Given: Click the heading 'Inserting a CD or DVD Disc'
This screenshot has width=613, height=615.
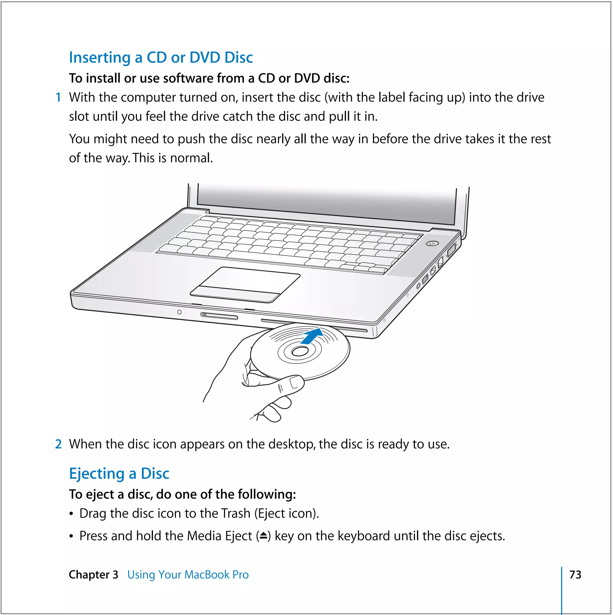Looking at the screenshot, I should pos(161,57).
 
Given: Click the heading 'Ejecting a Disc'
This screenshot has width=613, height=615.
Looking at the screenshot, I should pos(119,473).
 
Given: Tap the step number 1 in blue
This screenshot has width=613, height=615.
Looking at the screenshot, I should pos(58,97).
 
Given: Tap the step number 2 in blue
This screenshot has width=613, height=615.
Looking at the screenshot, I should pos(58,444).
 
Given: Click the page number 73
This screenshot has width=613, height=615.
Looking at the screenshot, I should pos(575,575).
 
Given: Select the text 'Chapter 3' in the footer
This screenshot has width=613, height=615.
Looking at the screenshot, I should pos(93,575).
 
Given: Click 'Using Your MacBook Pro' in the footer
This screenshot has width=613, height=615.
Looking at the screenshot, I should pos(188,575).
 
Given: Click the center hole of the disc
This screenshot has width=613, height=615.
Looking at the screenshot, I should pos(300,352).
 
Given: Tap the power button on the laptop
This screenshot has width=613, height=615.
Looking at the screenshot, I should pos(432,243).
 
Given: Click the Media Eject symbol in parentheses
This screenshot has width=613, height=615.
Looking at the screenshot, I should pos(263,536).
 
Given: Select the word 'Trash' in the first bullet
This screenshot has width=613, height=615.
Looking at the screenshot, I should pos(236,513).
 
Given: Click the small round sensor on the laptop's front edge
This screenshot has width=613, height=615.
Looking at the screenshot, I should pos(180,312).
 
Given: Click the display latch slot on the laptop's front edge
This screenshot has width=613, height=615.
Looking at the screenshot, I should pos(219,316).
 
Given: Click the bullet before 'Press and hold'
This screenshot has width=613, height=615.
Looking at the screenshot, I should pos(71,537).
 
